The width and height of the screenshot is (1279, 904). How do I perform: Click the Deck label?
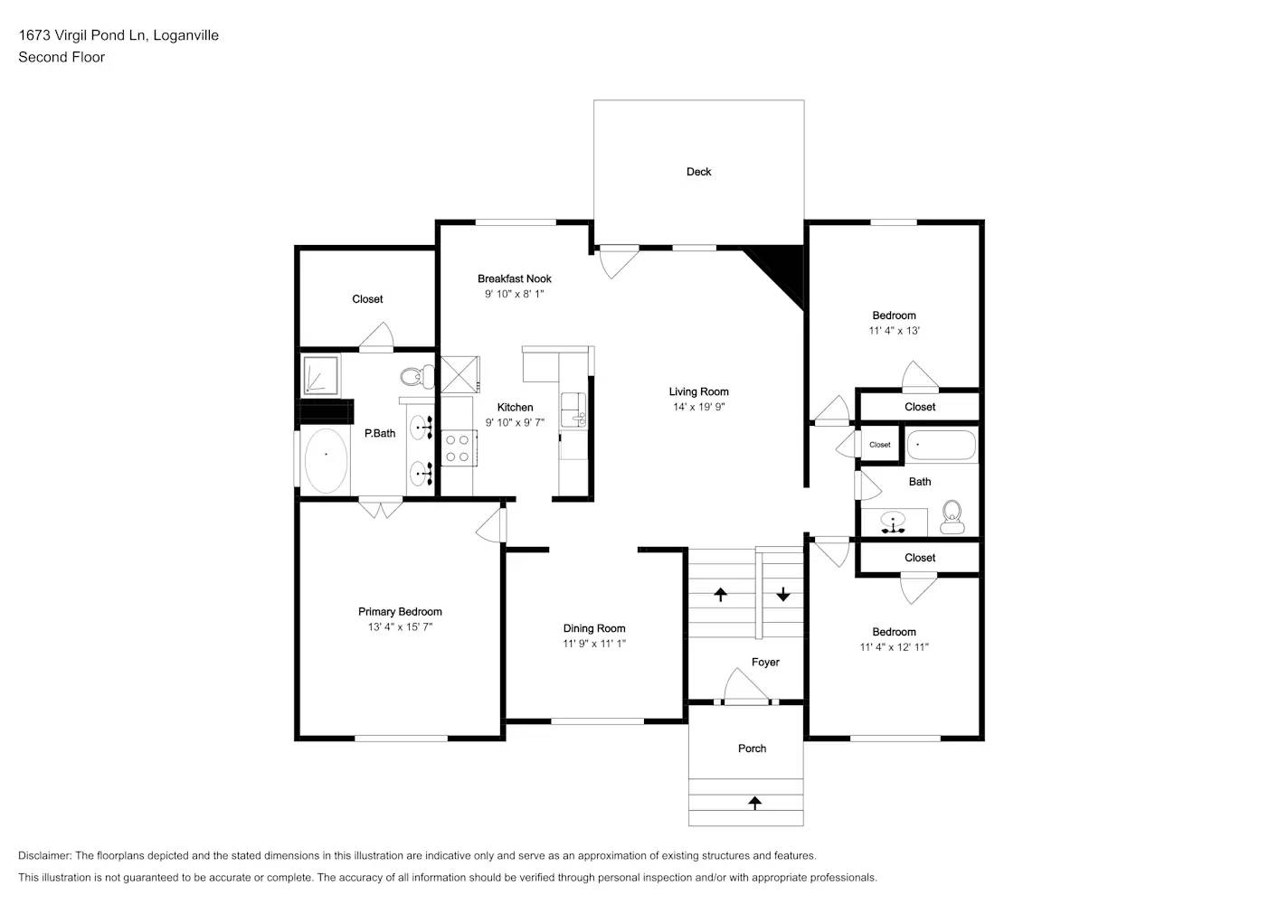point(698,172)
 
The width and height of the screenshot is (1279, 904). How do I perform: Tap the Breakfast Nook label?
point(514,278)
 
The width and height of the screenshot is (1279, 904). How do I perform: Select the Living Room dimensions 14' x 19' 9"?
point(698,407)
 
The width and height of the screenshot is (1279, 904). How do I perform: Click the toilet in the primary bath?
point(417,376)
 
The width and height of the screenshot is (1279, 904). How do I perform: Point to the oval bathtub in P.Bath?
point(326,460)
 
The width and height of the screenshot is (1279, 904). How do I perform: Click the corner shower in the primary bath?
point(320,376)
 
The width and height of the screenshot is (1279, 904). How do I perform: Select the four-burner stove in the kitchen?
point(458,448)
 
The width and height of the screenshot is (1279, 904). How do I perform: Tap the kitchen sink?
point(573,410)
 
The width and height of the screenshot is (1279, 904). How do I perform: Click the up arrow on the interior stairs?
point(721,594)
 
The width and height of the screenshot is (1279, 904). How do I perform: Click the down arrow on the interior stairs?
point(782,594)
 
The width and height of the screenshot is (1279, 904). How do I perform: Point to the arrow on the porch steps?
point(754,802)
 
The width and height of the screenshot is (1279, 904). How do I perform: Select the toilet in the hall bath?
point(952,517)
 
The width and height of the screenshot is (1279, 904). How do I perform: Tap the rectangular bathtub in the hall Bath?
point(941,446)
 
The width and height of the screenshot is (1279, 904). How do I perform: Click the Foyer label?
point(765,663)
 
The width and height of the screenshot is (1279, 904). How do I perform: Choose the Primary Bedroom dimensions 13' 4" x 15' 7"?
point(400,626)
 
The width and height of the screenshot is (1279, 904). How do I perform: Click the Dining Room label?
point(594,628)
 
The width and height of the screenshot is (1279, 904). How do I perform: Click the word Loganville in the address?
point(185,35)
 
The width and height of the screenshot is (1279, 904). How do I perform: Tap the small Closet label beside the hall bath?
point(879,445)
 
